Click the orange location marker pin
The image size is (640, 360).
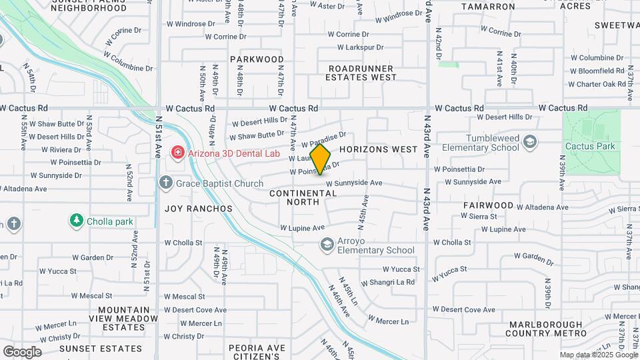point(320,159)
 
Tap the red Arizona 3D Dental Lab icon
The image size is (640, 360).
point(177,153)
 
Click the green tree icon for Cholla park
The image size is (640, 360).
point(77,220)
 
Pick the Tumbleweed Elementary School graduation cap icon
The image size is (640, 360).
point(529,142)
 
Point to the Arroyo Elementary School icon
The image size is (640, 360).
point(326,245)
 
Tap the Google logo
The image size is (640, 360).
point(22,351)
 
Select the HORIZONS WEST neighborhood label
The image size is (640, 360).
point(378,149)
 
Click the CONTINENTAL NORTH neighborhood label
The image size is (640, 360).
point(303,197)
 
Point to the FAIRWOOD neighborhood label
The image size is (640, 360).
point(489,205)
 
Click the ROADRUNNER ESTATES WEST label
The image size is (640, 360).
point(361,73)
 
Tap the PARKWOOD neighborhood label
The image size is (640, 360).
point(257,59)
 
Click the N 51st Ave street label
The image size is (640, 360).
point(158,141)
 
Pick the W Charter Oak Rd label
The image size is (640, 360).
point(596,84)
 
